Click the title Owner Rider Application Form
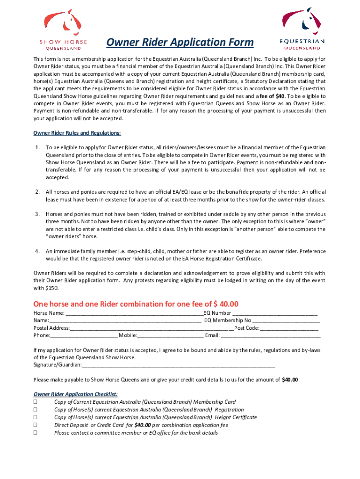(x=180, y=43)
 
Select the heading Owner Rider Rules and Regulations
(x=77, y=133)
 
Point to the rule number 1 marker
(x=37, y=147)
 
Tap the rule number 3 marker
(x=37, y=214)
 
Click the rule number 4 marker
(x=37, y=251)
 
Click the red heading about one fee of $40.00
(x=136, y=304)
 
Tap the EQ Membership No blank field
(x=286, y=321)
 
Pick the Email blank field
(x=271, y=336)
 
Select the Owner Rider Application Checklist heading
(x=75, y=394)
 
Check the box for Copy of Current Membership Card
(x=36, y=402)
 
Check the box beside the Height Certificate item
(x=36, y=417)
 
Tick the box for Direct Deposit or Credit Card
(x=36, y=425)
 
